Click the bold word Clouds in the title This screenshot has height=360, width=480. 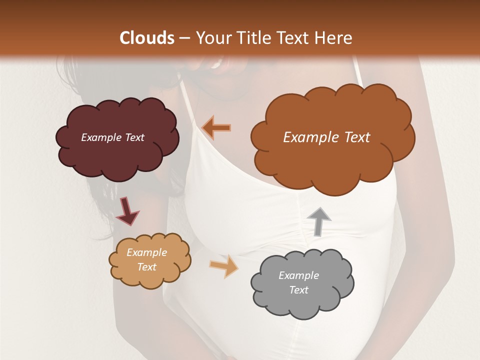pos(147,38)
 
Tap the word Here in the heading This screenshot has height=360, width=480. pos(333,38)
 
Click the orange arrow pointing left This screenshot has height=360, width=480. pos(216,127)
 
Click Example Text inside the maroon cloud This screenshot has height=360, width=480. pos(112,137)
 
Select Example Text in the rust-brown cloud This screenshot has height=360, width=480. pos(326,137)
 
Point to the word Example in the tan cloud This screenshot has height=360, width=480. pos(146,252)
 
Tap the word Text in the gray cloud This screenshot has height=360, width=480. pos(298,290)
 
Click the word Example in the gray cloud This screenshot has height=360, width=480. pos(298,275)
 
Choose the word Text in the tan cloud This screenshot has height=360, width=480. pos(146,267)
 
